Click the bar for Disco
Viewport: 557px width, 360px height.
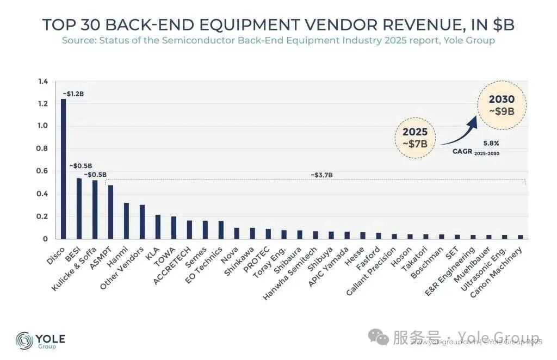coord(63,169)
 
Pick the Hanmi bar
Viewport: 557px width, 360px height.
coord(126,221)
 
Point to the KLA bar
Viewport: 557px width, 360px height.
coord(158,227)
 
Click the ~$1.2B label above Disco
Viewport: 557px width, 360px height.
coord(73,94)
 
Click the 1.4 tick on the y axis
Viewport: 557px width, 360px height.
coord(43,82)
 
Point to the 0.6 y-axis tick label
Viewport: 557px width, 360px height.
coord(43,171)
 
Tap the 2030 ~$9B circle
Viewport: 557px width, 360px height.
coord(501,105)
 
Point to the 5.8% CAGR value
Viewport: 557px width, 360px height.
coord(491,144)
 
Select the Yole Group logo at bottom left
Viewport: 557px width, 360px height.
coord(41,341)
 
